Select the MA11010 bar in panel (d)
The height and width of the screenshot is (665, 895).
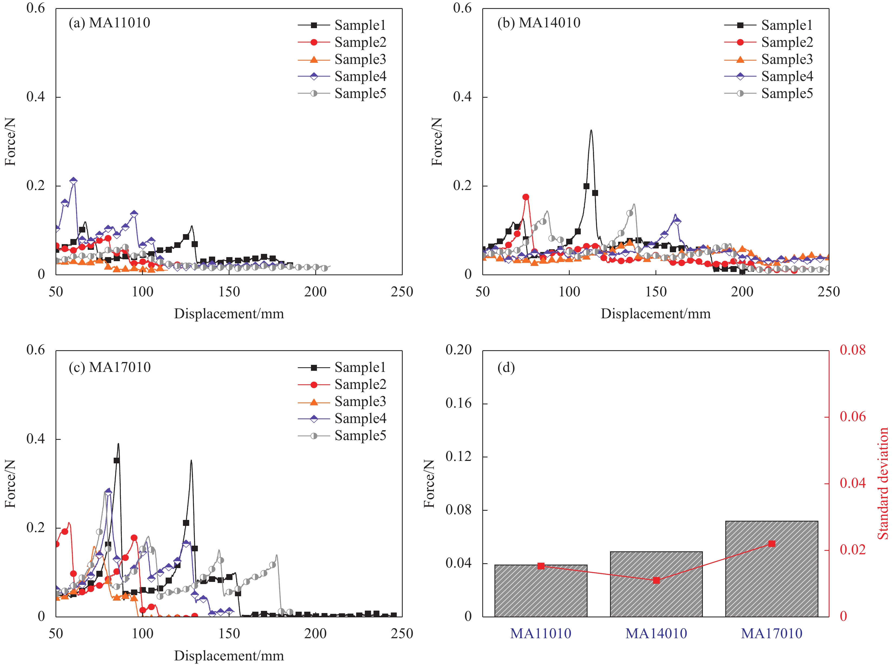pyautogui.click(x=540, y=591)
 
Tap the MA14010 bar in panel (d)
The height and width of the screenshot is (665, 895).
pyautogui.click(x=656, y=584)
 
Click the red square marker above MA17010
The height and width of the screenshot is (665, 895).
pyautogui.click(x=772, y=544)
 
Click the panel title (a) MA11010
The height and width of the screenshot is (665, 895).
pyautogui.click(x=109, y=23)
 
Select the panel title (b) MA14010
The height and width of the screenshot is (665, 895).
pyautogui.click(x=539, y=23)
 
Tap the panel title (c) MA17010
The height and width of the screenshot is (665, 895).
pyautogui.click(x=109, y=367)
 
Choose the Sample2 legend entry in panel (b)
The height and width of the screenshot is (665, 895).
pyautogui.click(x=769, y=42)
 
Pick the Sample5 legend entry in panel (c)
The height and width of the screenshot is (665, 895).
pyautogui.click(x=342, y=435)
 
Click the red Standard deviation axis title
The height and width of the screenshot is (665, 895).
pyautogui.click(x=883, y=483)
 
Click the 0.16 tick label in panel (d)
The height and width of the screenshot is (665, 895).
pyautogui.click(x=458, y=403)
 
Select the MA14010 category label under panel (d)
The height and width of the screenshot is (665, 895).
pyautogui.click(x=656, y=634)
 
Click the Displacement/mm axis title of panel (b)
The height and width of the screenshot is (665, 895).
pyautogui.click(x=655, y=314)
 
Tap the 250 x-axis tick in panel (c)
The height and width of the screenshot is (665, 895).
pyautogui.click(x=402, y=634)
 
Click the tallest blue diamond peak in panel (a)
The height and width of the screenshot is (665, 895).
pyautogui.click(x=73, y=181)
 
